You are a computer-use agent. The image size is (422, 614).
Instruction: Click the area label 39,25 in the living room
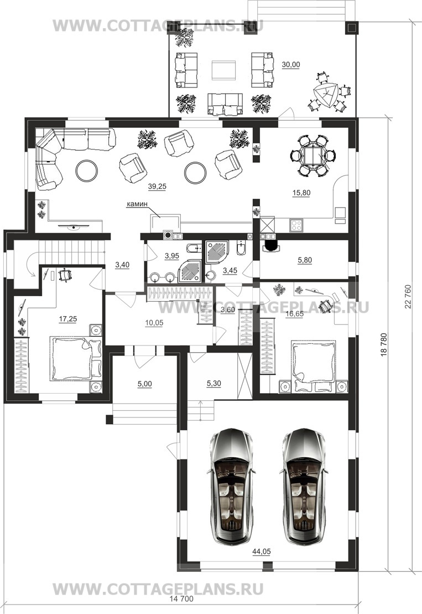click(x=157, y=187)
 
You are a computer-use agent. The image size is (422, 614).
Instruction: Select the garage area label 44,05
click(x=262, y=551)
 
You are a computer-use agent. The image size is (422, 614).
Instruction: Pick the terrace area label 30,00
click(x=290, y=65)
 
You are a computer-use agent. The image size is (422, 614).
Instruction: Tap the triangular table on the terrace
click(x=326, y=95)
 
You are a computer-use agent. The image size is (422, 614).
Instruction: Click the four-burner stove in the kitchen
click(x=296, y=225)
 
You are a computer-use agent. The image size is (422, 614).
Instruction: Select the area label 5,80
click(x=305, y=260)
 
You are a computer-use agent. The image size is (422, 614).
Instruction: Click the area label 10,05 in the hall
click(x=154, y=323)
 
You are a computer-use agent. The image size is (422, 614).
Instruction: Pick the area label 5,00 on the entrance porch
click(x=145, y=384)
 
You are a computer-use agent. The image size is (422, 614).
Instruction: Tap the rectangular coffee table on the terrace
click(x=224, y=71)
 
